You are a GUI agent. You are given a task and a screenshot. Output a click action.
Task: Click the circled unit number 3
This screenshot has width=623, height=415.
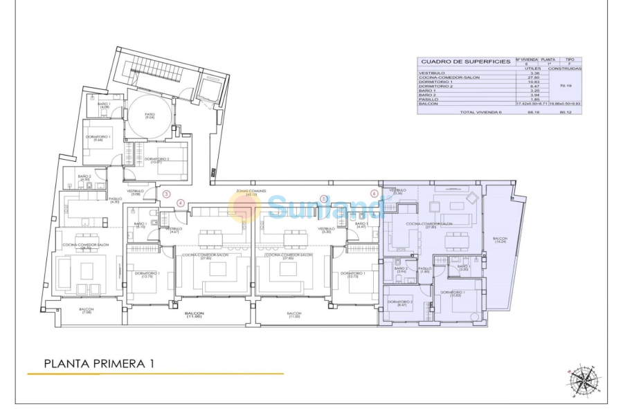pyautogui.click(x=167, y=194)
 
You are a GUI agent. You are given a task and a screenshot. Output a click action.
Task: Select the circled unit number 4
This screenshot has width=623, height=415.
pyautogui.click(x=181, y=203)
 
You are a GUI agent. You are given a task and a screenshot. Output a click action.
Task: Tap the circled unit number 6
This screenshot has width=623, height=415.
pyautogui.click(x=375, y=194)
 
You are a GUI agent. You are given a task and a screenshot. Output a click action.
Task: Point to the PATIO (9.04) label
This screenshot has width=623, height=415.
pyautogui.click(x=149, y=116)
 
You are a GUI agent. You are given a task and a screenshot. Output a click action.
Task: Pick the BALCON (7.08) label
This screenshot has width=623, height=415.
pyautogui.click(x=87, y=311)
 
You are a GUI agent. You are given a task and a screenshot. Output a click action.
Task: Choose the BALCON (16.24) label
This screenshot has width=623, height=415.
pyautogui.click(x=500, y=240)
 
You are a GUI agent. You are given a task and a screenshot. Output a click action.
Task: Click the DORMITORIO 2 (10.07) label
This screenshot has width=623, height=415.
pyautogui.click(x=157, y=161)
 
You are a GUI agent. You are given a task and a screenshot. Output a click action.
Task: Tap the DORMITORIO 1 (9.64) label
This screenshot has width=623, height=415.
pyautogui.click(x=98, y=138)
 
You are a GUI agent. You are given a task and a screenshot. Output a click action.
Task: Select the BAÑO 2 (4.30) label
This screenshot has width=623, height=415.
pyautogui.click(x=84, y=178)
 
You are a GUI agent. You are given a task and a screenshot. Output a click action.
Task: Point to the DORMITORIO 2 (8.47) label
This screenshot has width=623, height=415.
pyautogui.click(x=400, y=304)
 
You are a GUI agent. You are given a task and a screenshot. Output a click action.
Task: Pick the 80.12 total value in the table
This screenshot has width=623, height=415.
pyautogui.click(x=565, y=111)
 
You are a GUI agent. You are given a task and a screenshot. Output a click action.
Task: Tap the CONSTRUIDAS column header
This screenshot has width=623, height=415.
pyautogui.click(x=565, y=69)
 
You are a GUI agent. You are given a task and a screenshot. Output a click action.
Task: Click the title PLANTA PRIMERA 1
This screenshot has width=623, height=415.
pyautogui.click(x=98, y=363)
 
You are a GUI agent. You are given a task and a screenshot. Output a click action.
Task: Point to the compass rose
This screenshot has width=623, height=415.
pyautogui.click(x=586, y=380)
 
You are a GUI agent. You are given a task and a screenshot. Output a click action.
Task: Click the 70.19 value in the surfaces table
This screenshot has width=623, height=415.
pyautogui.click(x=565, y=86)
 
